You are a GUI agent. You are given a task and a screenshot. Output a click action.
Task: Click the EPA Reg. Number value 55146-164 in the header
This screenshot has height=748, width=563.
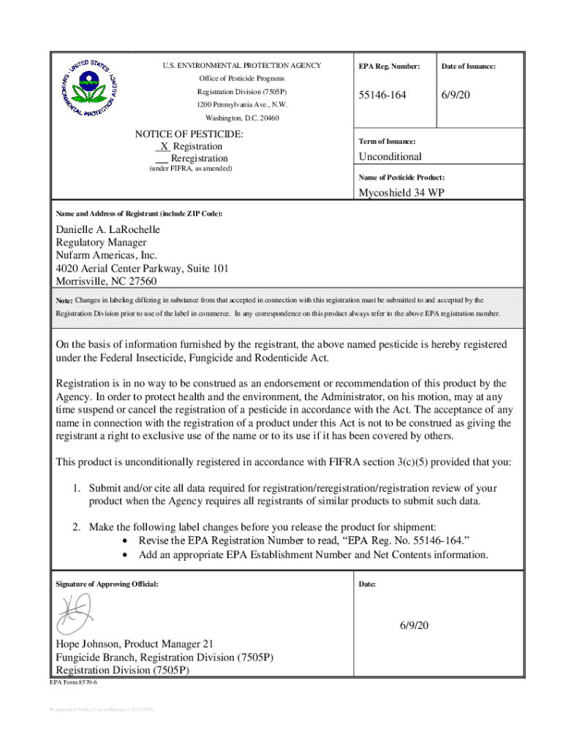(x=382, y=96)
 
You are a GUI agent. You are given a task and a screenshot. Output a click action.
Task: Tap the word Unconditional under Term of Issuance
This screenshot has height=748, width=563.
(x=390, y=156)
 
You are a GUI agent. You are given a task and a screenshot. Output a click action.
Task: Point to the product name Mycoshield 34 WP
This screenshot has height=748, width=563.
(x=401, y=193)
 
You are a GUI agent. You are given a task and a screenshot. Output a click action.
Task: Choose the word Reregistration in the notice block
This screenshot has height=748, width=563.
(x=199, y=159)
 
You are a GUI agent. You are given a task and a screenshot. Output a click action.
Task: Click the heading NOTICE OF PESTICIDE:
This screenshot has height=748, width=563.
(x=189, y=135)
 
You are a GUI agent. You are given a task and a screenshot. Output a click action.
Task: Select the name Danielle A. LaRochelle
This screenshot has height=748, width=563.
(x=108, y=229)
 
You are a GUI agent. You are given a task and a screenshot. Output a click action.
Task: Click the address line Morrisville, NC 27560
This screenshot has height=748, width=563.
(x=106, y=281)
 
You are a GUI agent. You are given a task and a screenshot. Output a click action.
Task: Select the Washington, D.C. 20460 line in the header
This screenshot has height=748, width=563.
(x=241, y=118)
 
